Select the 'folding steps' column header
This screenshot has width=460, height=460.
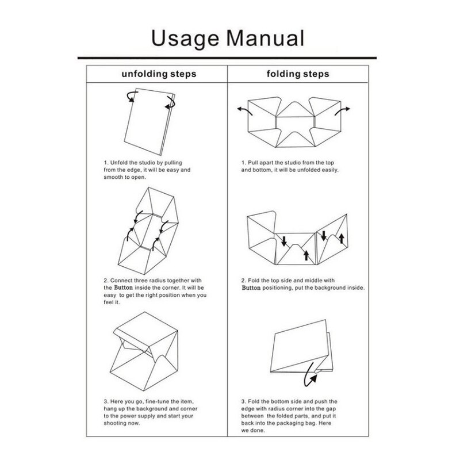[x=298, y=74]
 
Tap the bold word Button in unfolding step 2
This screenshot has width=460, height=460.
[x=125, y=286]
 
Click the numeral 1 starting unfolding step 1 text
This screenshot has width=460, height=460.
[x=106, y=163]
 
